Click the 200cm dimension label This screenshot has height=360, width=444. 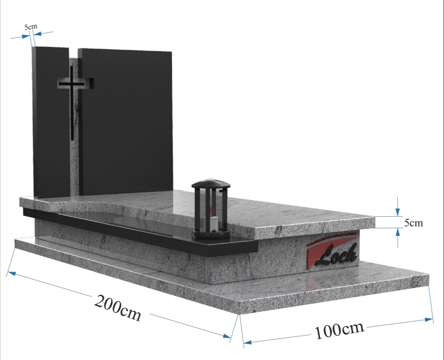tap(118, 308)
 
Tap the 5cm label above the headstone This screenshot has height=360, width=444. tap(31, 27)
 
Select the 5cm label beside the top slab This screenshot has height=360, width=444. tap(414, 223)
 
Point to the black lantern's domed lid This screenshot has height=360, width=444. tap(211, 184)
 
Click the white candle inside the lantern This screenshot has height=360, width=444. tap(213, 224)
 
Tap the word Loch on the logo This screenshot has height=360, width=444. tap(336, 255)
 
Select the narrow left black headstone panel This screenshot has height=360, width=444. tap(51, 122)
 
